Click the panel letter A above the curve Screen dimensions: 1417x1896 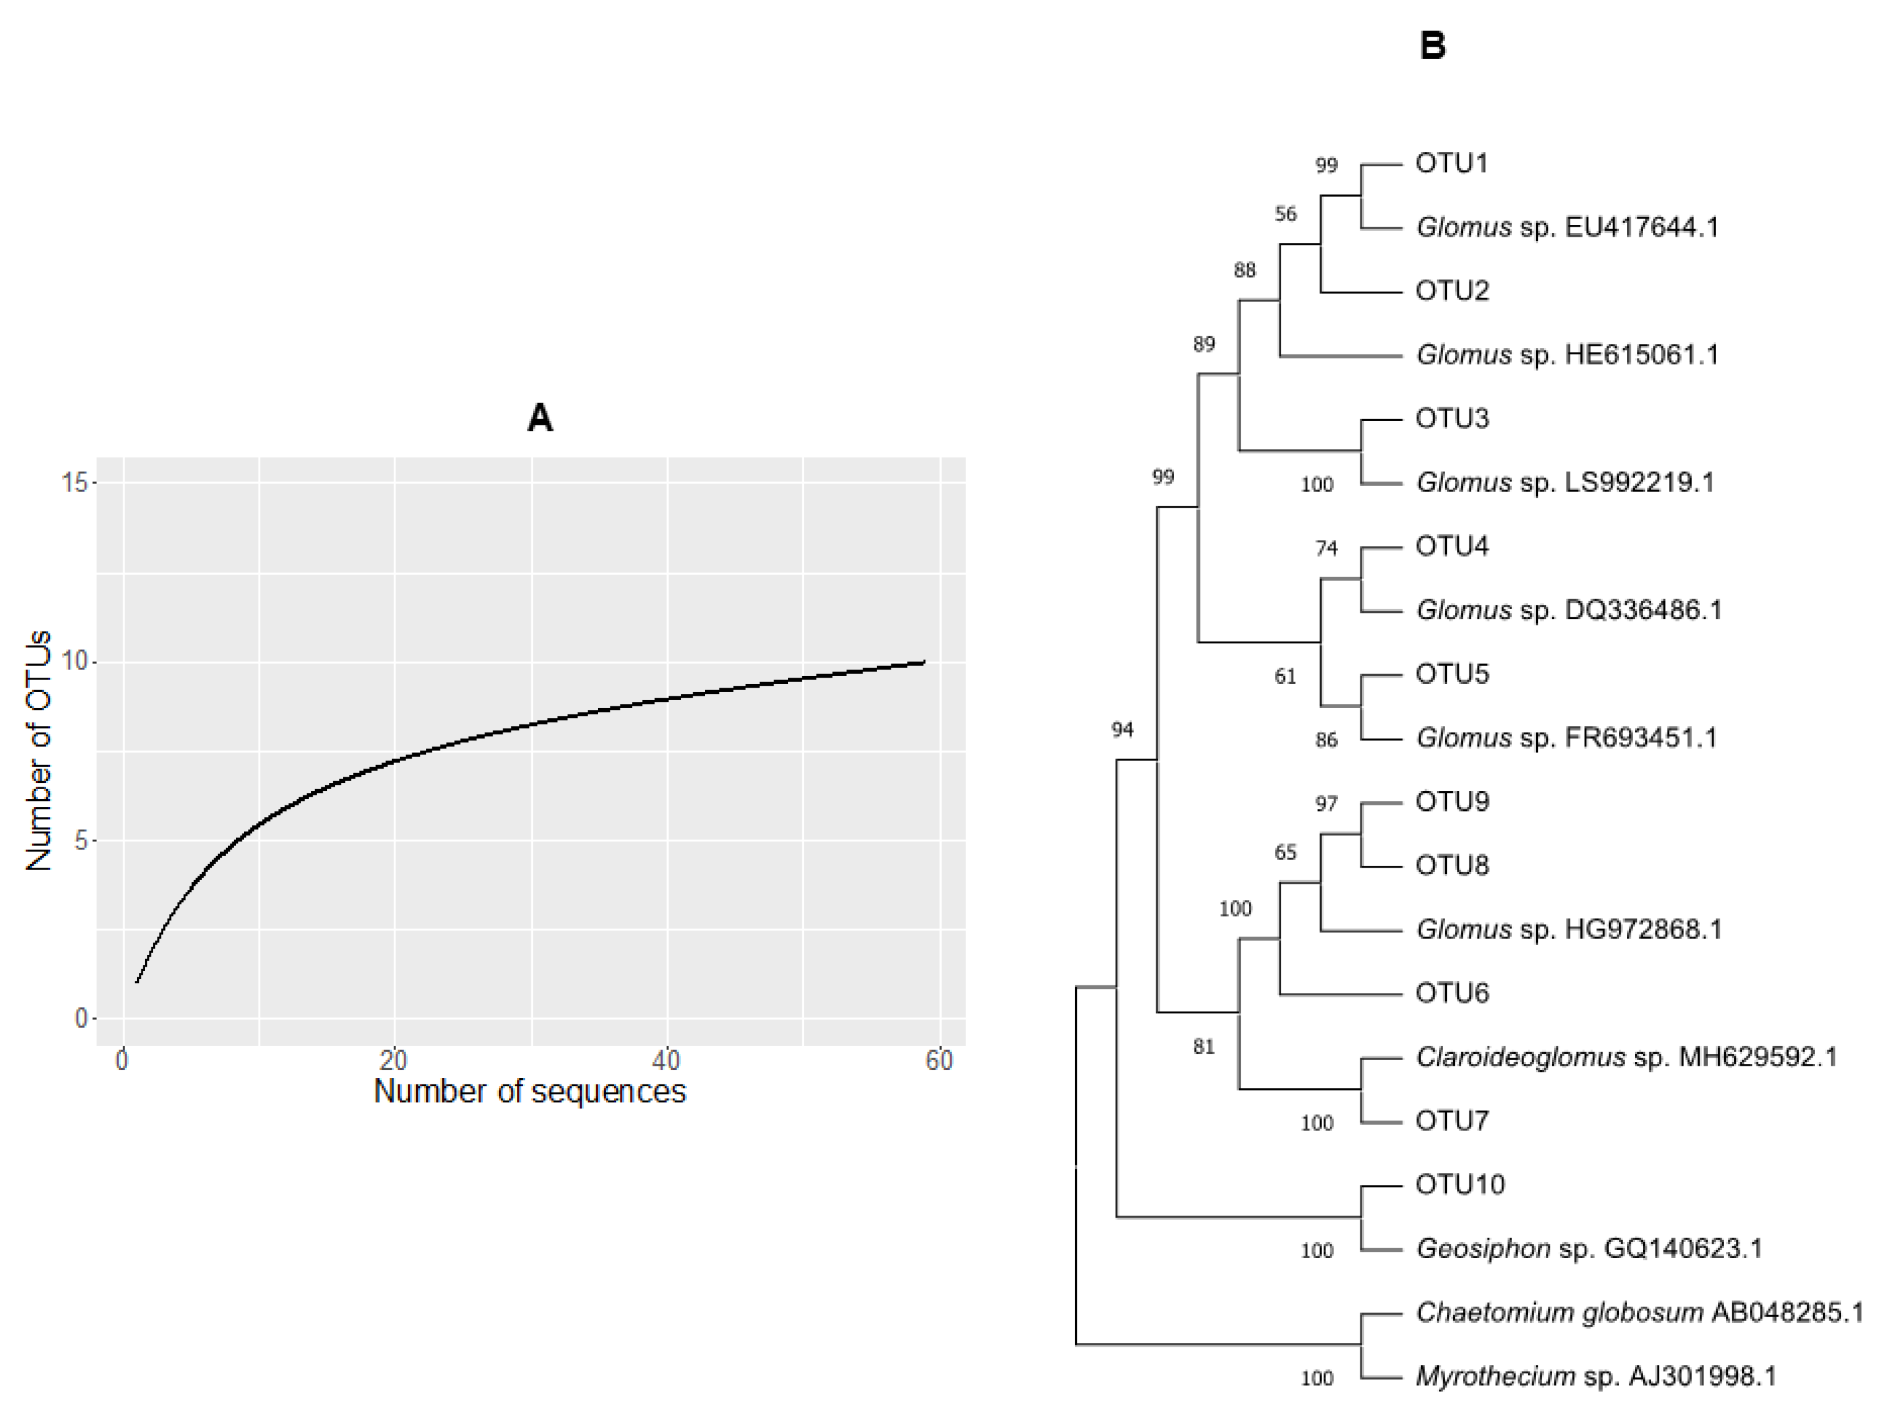540,419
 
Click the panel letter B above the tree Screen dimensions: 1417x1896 1433,46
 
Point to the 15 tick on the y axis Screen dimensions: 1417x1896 75,483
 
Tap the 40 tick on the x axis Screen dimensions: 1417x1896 666,1061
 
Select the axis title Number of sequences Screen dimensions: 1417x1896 529,1091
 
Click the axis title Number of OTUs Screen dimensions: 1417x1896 39,751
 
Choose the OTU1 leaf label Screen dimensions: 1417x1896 1451,163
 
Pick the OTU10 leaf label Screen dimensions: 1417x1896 1460,1185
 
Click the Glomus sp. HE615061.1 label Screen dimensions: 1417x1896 1567,355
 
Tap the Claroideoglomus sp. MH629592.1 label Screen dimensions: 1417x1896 1626,1057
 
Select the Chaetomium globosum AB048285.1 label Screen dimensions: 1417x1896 1639,1312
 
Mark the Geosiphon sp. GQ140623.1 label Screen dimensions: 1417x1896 1588,1248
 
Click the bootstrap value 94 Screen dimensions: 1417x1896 1122,729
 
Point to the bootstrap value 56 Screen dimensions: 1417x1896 1285,214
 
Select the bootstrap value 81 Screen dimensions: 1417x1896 1203,1046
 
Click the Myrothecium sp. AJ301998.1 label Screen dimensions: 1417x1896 1595,1376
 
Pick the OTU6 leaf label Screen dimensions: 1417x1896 1451,993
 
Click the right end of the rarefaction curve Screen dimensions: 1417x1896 924,661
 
